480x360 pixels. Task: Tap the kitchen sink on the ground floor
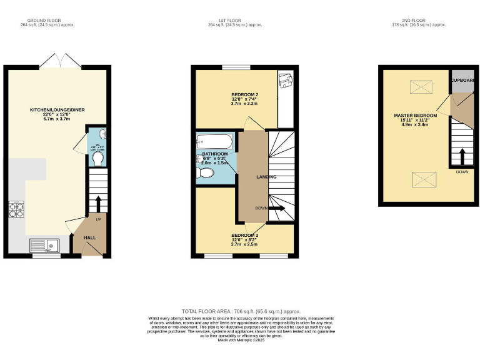(x=44, y=246)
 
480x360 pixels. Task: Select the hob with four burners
(x=16, y=211)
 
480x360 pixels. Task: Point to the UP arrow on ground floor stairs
(x=98, y=204)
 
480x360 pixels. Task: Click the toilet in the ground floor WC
(x=97, y=159)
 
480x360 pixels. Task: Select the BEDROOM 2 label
(x=245, y=94)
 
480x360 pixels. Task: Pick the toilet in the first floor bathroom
(x=204, y=176)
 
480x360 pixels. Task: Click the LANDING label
(x=266, y=177)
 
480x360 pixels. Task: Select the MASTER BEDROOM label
(x=414, y=116)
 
